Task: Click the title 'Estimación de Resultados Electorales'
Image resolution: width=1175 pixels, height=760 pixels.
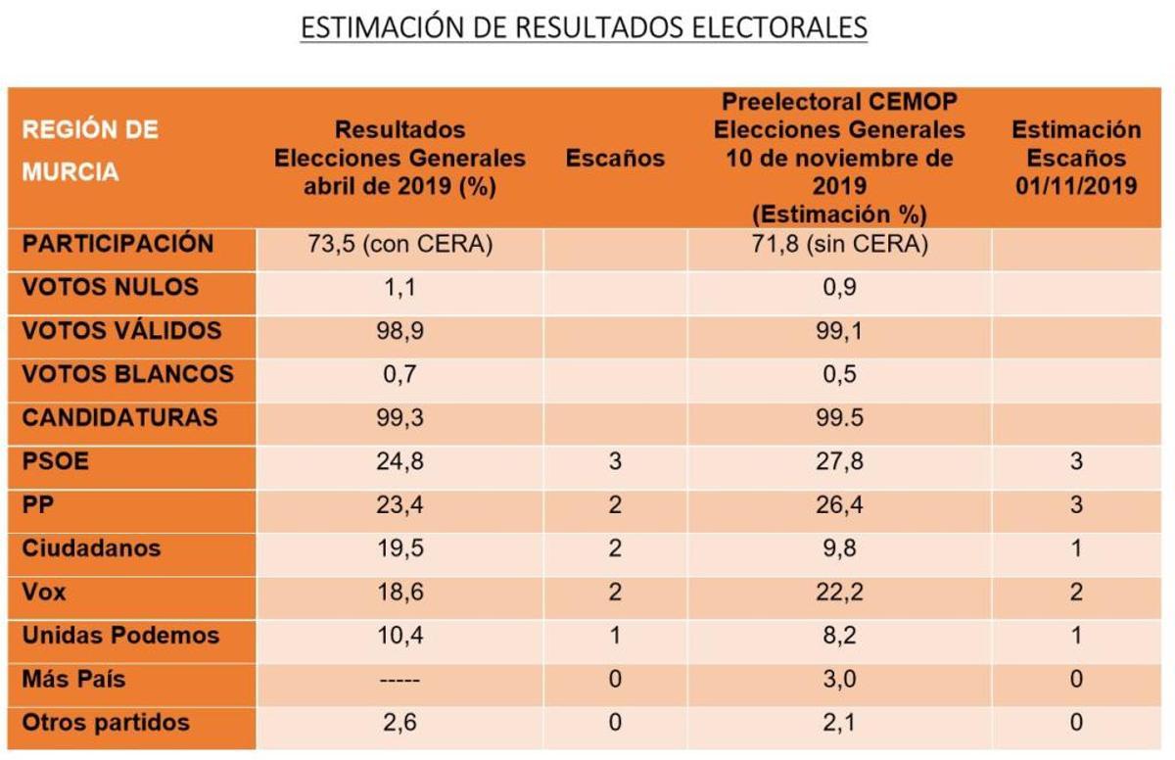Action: click(584, 27)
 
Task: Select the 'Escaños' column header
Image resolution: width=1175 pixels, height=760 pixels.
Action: click(615, 159)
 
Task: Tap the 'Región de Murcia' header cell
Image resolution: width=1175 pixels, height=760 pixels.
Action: click(90, 151)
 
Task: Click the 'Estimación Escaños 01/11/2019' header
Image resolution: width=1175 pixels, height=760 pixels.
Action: click(1075, 158)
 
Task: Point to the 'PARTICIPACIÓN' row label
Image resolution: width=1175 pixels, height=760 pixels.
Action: click(117, 244)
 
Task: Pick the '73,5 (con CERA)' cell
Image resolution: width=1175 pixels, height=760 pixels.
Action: click(399, 245)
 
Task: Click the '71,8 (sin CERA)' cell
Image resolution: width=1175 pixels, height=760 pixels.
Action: click(839, 245)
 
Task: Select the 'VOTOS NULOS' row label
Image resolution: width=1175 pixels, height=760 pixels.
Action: click(110, 288)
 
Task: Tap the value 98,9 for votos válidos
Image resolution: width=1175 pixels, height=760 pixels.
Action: click(399, 331)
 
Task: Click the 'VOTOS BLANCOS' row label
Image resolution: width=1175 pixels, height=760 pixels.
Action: click(127, 374)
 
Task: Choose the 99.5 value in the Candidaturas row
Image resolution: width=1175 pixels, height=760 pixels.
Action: click(839, 418)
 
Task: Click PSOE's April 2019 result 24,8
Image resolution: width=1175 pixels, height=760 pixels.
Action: click(399, 461)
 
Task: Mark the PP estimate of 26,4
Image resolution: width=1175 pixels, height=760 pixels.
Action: click(839, 505)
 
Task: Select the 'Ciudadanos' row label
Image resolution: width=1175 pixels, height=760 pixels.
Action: click(90, 548)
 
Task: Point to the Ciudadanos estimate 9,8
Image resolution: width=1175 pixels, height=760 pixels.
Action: click(839, 548)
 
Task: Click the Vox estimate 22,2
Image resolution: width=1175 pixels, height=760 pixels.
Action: click(839, 593)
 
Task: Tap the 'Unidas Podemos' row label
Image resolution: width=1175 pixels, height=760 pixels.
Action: click(120, 636)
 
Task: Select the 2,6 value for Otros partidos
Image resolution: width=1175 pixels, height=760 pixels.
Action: click(399, 724)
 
